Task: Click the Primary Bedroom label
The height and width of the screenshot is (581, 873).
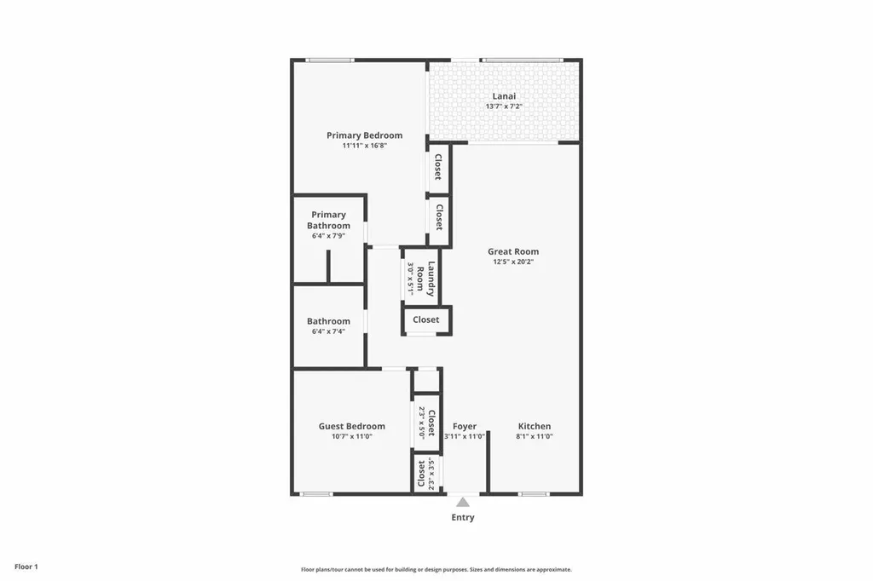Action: click(x=364, y=135)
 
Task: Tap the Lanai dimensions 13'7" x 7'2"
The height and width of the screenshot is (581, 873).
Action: click(x=504, y=106)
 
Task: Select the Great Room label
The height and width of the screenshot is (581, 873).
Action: click(x=512, y=251)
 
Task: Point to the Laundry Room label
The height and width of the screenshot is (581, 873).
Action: click(x=426, y=277)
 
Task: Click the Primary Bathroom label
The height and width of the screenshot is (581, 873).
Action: click(x=328, y=220)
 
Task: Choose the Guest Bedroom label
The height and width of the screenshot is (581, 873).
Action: click(x=351, y=426)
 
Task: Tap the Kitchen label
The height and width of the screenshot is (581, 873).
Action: click(x=535, y=426)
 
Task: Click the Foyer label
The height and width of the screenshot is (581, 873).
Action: click(x=465, y=426)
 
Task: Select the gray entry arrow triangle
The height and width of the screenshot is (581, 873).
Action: click(x=463, y=502)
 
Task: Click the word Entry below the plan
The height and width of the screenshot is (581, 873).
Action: click(x=463, y=517)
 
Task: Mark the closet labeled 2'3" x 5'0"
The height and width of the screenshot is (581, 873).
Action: click(x=426, y=422)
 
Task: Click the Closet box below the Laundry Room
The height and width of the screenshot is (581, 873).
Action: click(x=426, y=319)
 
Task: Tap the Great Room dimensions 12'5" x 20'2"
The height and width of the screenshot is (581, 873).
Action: click(x=512, y=262)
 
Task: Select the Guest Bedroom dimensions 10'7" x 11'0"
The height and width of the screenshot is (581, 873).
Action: click(x=351, y=436)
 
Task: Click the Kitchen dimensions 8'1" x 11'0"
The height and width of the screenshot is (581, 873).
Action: click(x=535, y=436)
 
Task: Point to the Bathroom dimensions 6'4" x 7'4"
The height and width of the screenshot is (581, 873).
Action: click(x=328, y=331)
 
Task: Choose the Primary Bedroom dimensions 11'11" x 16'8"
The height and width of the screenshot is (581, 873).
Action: click(x=364, y=146)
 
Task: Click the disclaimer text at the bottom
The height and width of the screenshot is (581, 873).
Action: click(x=436, y=569)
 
